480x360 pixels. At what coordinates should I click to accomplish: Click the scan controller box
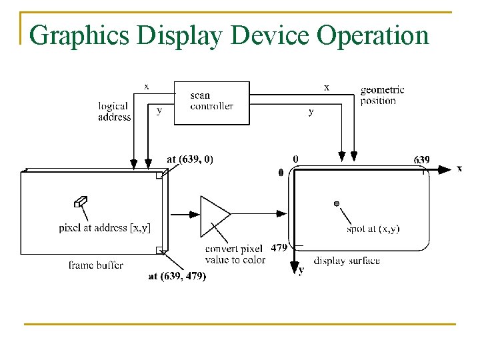(x=211, y=102)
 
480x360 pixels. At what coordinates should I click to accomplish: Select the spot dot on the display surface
(x=337, y=203)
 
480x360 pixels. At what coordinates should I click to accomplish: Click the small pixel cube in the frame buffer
(x=81, y=201)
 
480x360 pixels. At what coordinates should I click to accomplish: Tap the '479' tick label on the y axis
(x=279, y=247)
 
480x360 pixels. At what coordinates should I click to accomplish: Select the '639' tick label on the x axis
(x=421, y=160)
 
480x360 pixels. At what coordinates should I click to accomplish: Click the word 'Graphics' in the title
(x=79, y=35)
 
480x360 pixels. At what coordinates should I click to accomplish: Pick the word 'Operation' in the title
(x=373, y=35)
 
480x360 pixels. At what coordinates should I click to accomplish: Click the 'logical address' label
(x=114, y=111)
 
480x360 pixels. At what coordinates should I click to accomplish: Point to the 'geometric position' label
(x=382, y=95)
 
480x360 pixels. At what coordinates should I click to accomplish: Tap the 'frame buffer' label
(x=95, y=265)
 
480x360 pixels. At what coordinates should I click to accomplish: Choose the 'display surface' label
(x=347, y=260)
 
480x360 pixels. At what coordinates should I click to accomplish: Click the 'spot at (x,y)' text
(x=373, y=229)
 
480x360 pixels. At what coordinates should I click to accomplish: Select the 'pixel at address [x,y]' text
(x=105, y=228)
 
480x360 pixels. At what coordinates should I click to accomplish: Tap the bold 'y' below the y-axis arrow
(x=301, y=270)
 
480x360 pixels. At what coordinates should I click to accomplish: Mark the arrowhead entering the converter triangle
(x=194, y=215)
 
